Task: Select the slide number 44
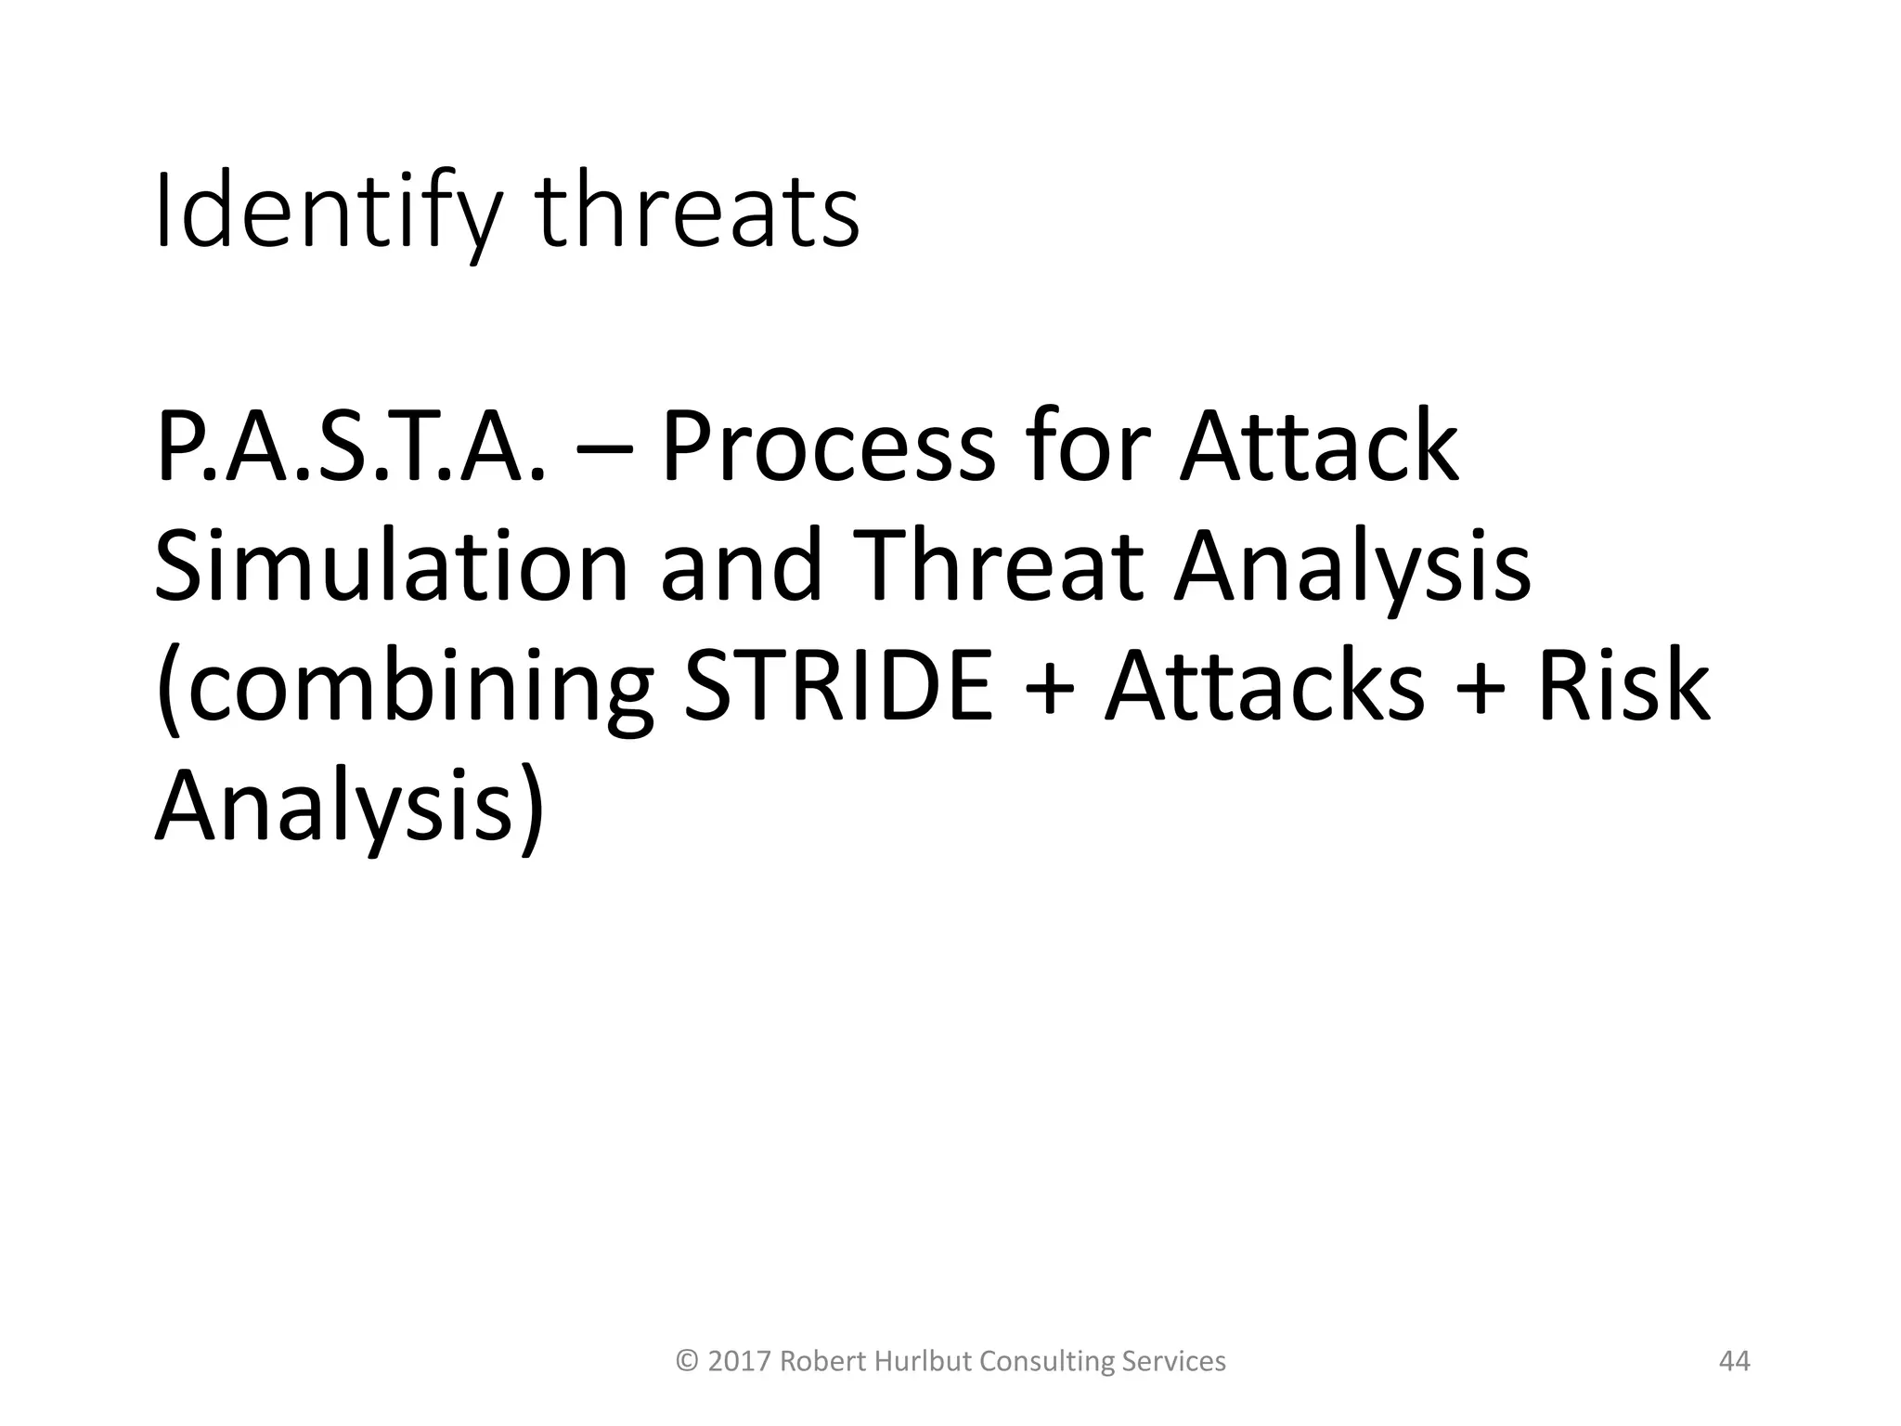pyautogui.click(x=1734, y=1361)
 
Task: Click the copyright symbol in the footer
pyautogui.click(x=688, y=1362)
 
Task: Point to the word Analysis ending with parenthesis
pyautogui.click(x=348, y=806)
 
